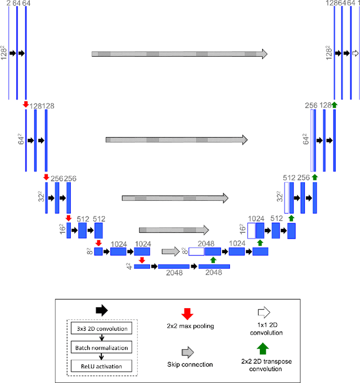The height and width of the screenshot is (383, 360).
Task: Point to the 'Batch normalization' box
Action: click(x=102, y=348)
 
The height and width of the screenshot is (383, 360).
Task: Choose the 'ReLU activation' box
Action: click(x=102, y=366)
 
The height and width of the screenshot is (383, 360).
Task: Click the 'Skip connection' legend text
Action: click(x=190, y=364)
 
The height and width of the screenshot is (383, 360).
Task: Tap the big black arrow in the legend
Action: click(x=101, y=310)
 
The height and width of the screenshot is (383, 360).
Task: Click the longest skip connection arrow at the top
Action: click(x=179, y=53)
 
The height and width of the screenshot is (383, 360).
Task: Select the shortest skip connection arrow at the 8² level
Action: click(x=170, y=251)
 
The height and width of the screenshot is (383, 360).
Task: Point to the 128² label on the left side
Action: click(x=4, y=53)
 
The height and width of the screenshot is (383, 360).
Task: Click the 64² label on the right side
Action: click(x=306, y=139)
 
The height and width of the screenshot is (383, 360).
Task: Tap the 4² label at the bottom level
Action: click(x=129, y=266)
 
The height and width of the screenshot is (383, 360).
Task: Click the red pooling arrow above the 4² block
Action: click(x=142, y=260)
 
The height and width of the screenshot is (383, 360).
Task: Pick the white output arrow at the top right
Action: click(x=355, y=53)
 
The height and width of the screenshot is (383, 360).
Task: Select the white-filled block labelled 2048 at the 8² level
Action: click(x=196, y=251)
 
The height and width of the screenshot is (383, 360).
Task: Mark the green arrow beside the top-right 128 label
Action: click(x=334, y=105)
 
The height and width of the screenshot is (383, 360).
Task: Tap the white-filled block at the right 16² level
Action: click(x=251, y=230)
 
